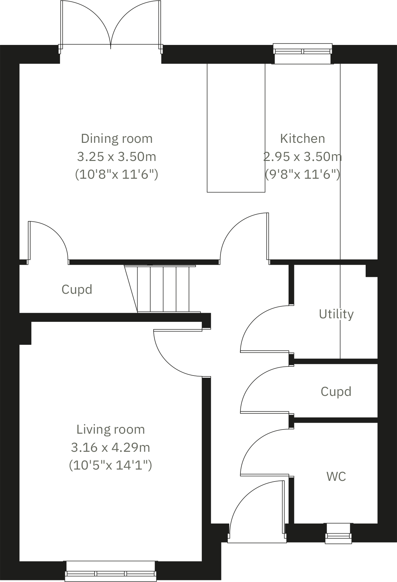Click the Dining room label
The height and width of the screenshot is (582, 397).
[117, 139]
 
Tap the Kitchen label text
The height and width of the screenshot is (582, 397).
[302, 139]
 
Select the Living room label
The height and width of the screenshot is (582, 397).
[111, 429]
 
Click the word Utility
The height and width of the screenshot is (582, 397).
[336, 314]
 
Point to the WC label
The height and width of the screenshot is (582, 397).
[336, 476]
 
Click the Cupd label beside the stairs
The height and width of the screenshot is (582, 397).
[77, 289]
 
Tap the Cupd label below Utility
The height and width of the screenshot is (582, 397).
[336, 392]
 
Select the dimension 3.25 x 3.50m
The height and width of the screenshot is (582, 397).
[117, 157]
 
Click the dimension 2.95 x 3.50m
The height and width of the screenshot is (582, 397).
[302, 157]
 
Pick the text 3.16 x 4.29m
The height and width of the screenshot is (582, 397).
[111, 448]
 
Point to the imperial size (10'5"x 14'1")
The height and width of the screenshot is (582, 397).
[111, 465]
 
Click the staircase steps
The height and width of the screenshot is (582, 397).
[163, 289]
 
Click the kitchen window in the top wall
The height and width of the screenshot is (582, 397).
[302, 52]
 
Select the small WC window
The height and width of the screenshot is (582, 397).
[338, 534]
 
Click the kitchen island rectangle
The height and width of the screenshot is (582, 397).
[236, 128]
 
